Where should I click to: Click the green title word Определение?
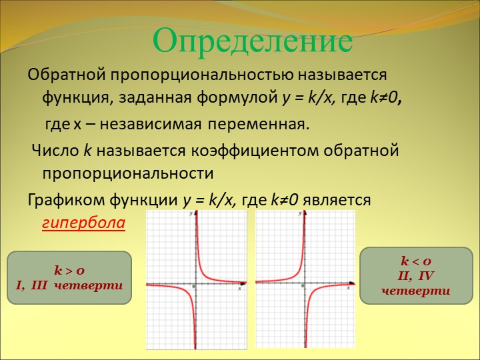pos(253,41)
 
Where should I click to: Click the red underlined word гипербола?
pos(83,223)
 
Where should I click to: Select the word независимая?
pos(151,124)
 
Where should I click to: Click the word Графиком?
pos(67,200)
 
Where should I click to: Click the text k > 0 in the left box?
pos(69,270)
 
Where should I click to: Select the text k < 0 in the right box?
pos(416,261)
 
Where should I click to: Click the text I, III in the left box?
pos(32,285)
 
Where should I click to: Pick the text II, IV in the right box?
pos(416,276)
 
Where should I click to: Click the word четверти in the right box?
pos(416,290)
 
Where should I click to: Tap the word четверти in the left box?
pos(89,285)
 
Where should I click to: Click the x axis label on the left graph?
pos(240,288)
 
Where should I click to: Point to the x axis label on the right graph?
pos(349,287)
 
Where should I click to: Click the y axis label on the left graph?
pos(191,213)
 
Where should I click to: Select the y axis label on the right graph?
pos(300,213)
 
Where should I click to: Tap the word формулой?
pos(237,98)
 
